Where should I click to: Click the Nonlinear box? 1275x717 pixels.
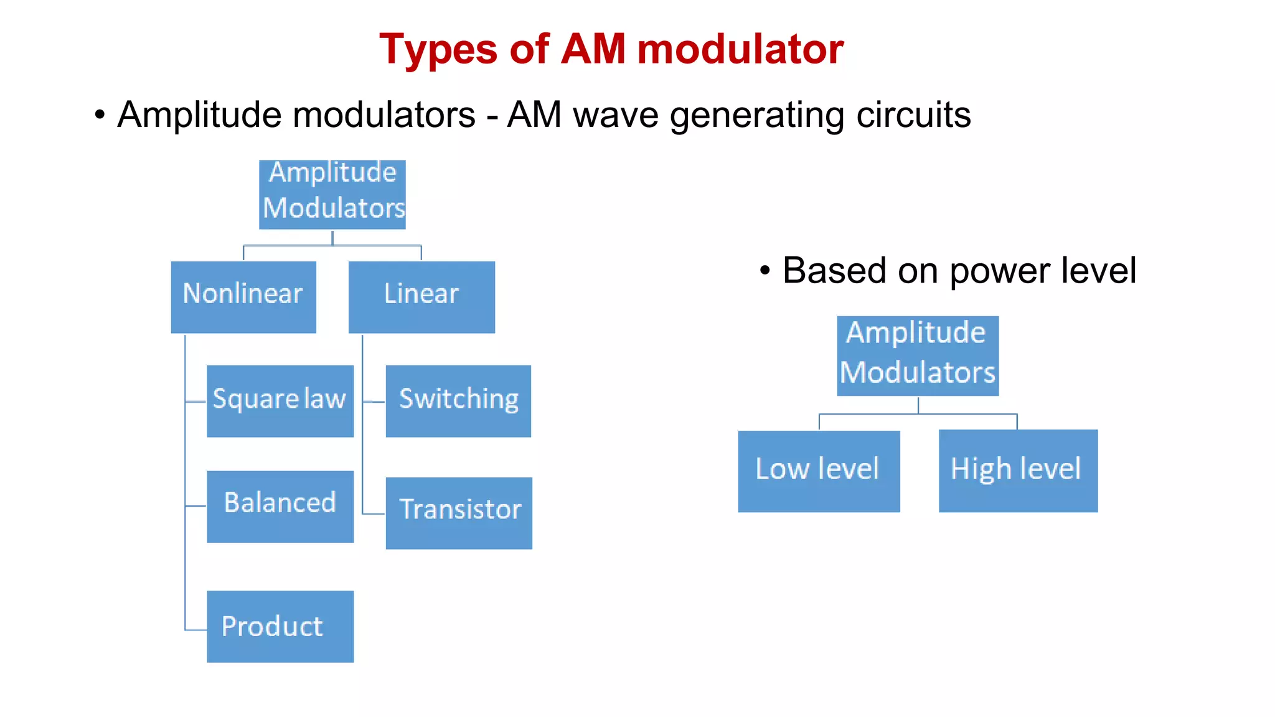(x=243, y=297)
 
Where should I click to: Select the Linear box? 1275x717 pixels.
(x=421, y=297)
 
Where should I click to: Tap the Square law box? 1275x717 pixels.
(x=280, y=401)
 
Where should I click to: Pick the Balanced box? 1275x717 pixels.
(x=280, y=506)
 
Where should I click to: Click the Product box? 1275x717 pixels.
(x=280, y=626)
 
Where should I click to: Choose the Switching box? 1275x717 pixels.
(x=458, y=401)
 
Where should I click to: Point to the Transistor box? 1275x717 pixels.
(x=459, y=513)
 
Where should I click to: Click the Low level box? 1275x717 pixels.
(x=819, y=471)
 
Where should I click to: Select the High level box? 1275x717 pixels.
(x=1018, y=471)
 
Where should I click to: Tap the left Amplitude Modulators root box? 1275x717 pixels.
(x=332, y=194)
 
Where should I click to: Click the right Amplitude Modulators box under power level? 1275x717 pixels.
(x=918, y=355)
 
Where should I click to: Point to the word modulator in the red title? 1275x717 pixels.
(x=740, y=50)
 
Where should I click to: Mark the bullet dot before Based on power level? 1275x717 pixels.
(x=765, y=271)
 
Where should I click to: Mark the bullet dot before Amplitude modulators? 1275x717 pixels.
(x=100, y=115)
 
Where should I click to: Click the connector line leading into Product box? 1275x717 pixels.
(x=195, y=630)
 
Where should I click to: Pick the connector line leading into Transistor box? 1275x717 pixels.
(x=374, y=513)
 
